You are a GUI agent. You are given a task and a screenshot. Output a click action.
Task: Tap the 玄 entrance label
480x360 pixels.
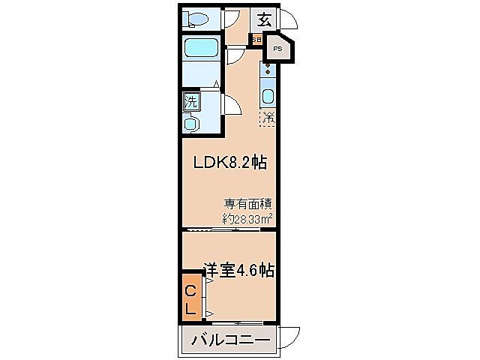265,19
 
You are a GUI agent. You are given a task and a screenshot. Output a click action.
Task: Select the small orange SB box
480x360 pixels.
256,40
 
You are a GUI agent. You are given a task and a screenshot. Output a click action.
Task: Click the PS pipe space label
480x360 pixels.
277,49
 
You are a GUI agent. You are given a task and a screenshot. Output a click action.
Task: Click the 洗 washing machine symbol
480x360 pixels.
192,101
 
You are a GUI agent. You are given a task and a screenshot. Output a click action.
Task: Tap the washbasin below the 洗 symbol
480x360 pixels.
192,122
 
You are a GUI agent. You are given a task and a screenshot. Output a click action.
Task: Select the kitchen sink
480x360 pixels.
268,95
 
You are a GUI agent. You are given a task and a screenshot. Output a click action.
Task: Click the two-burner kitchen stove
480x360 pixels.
268,73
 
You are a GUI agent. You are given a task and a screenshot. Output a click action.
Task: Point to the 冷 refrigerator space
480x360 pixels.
268,117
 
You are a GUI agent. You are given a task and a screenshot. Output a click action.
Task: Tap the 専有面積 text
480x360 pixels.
247,203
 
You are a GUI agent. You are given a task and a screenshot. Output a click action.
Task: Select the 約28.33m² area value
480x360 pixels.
247,218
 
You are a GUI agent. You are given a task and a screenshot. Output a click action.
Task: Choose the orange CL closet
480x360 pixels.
190,298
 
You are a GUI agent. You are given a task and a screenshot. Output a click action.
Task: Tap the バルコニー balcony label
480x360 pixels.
230,341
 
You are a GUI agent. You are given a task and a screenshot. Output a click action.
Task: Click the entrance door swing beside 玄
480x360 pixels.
287,21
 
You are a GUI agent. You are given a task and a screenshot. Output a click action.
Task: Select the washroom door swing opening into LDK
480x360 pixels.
232,104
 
